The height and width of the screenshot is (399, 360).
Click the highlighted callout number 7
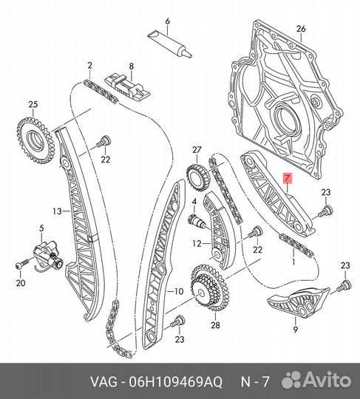pos(287,178)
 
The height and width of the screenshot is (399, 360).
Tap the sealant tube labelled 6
pos(170,44)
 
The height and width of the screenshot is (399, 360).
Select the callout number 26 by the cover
pos(301,29)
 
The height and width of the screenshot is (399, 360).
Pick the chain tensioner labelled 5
pos(48,256)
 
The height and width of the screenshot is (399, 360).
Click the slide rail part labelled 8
pos(128,89)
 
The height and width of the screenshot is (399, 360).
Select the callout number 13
pos(57,211)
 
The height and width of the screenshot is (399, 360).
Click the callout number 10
pos(179,291)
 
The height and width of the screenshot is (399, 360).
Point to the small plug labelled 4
pos(197,221)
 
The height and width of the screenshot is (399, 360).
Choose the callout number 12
pos(197,244)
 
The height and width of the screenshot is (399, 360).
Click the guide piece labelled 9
pos(299,302)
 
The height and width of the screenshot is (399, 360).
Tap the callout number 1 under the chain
pos(293,262)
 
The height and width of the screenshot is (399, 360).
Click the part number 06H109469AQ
pos(175,382)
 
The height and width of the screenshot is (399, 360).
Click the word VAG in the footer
pos(103,382)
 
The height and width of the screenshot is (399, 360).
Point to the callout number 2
pos(89,66)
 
